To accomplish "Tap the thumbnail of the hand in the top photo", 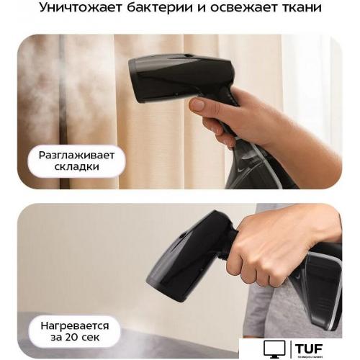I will [x=197, y=104].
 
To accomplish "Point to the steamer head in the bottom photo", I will [x=180, y=256].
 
